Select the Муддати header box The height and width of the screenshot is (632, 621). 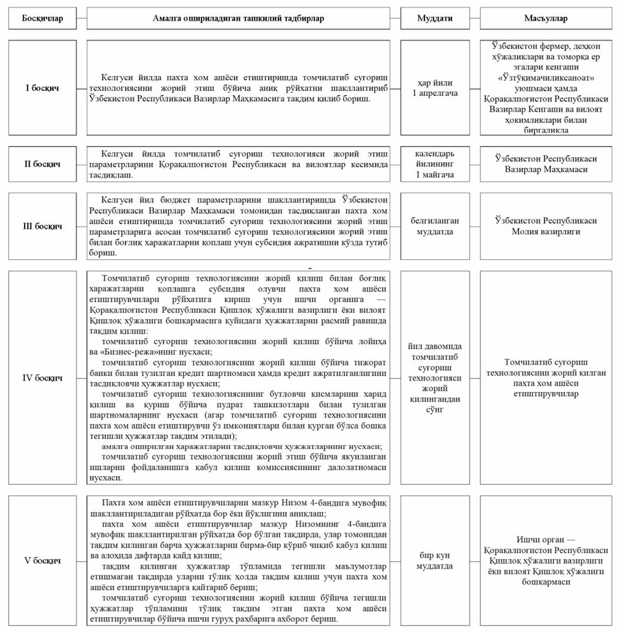[x=435, y=18]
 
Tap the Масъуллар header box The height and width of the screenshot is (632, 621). [x=546, y=18]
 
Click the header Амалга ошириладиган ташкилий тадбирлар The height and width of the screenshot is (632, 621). [x=238, y=18]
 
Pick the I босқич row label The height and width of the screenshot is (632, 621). [x=42, y=88]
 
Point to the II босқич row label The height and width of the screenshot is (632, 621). [x=42, y=164]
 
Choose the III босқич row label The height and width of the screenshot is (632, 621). [x=42, y=226]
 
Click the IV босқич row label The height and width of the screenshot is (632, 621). [x=42, y=377]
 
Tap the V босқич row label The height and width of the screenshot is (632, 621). [x=42, y=561]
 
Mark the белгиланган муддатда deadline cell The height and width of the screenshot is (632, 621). [x=435, y=226]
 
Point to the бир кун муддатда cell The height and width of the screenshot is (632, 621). [x=435, y=561]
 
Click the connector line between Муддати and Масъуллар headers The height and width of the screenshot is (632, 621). [x=475, y=18]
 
